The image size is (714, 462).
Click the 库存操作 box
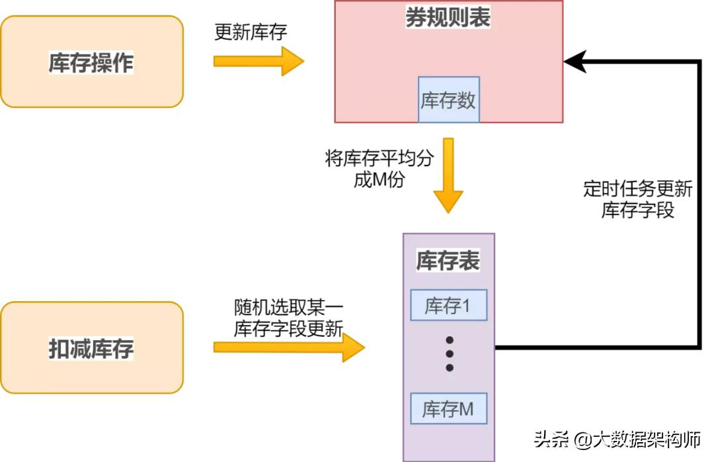click(x=91, y=62)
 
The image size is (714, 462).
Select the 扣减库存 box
click(x=91, y=347)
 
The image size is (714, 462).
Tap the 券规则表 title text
click(x=448, y=19)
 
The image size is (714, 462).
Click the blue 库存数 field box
click(x=448, y=100)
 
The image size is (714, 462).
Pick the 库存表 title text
click(x=448, y=261)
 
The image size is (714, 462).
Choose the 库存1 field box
click(x=448, y=306)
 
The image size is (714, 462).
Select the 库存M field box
click(x=448, y=408)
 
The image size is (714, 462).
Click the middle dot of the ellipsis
click(x=450, y=353)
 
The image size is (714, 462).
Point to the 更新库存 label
click(x=251, y=32)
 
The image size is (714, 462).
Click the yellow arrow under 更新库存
click(x=258, y=61)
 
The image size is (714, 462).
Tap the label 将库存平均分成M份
click(x=379, y=169)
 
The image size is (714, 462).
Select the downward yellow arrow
click(x=448, y=175)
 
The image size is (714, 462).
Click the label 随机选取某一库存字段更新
click(x=288, y=318)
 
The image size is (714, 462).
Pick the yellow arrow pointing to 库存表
click(x=288, y=347)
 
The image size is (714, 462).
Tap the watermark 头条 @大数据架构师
click(x=617, y=439)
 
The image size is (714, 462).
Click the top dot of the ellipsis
click(x=450, y=340)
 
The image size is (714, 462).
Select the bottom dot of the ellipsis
click(x=450, y=367)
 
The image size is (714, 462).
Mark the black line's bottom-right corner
click(x=699, y=346)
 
